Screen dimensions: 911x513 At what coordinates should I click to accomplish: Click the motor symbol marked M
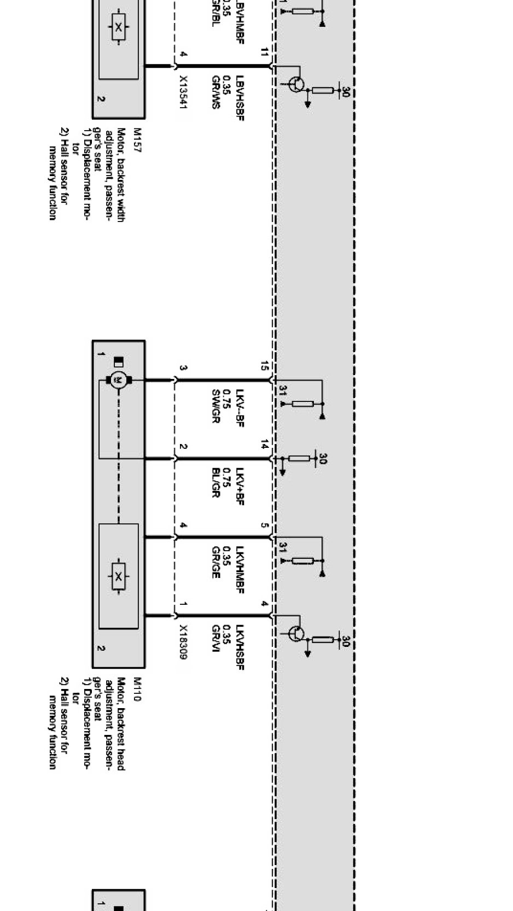118,379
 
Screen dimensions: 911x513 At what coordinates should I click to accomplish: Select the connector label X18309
183,642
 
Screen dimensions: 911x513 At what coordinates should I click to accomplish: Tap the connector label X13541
183,92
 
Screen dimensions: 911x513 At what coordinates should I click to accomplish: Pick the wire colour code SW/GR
215,407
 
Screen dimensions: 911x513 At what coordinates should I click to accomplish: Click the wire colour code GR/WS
215,91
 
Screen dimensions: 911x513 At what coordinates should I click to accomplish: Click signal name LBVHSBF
240,98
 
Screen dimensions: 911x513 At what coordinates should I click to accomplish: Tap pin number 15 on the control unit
265,366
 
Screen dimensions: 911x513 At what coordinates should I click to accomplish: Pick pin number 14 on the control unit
265,445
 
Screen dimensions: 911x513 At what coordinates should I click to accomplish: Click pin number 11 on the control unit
265,52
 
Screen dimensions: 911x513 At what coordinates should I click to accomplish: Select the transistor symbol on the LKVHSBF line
296,633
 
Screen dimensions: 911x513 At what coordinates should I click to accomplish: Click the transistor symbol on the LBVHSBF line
296,84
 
